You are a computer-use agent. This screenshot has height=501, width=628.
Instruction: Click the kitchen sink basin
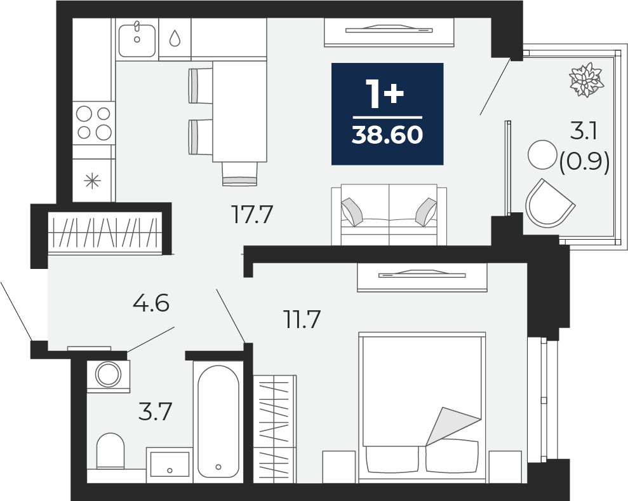tap(137, 40)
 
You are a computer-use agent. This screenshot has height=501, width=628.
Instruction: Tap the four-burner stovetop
tap(94, 123)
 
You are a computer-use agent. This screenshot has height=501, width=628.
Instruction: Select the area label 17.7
tap(252, 214)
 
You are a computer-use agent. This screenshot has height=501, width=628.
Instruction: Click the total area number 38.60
tap(387, 135)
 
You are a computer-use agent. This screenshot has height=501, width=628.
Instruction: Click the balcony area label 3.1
tap(584, 131)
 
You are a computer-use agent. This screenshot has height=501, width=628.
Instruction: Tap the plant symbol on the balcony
tap(587, 79)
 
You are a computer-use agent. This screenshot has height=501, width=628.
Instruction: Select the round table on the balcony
tap(543, 154)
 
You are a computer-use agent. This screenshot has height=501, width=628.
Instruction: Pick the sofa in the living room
tap(389, 215)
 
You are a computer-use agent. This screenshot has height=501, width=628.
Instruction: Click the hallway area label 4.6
tap(151, 303)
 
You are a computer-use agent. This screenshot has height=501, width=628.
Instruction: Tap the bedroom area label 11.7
tap(302, 319)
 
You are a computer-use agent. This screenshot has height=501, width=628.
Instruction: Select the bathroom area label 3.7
tap(156, 411)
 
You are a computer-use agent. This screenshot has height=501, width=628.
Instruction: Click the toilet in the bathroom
tap(110, 451)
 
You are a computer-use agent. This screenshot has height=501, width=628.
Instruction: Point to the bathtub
tap(218, 422)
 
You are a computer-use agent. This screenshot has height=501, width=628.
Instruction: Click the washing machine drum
tap(108, 374)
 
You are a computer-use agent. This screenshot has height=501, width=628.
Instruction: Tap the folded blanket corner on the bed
tap(453, 426)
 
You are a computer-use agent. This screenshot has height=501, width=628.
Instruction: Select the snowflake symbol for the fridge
tap(93, 181)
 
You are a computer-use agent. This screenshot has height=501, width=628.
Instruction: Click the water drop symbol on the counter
tap(175, 38)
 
